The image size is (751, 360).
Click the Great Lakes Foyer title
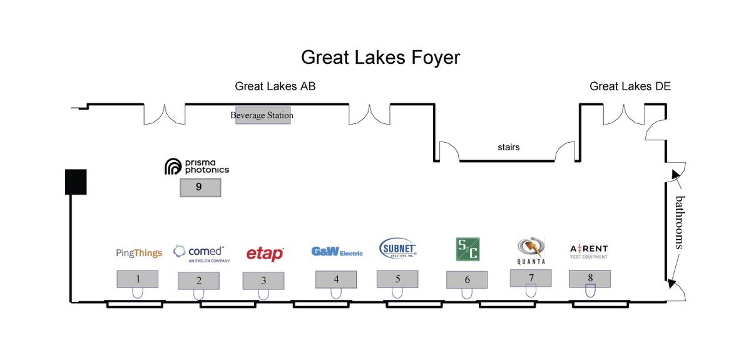click(381, 58)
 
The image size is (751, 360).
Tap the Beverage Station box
click(262, 115)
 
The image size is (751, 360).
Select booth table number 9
click(200, 187)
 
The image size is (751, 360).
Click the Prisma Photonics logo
click(197, 167)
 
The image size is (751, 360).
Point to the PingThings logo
click(139, 253)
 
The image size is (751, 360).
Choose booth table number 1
click(137, 279)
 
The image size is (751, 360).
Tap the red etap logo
click(265, 253)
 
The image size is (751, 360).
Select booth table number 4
click(336, 279)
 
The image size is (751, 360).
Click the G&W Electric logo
click(337, 252)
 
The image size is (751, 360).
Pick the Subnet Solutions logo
click(398, 249)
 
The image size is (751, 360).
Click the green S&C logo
click(467, 249)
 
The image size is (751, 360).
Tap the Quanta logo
click(531, 250)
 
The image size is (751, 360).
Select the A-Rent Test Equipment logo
click(589, 252)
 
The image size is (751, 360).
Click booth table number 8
click(590, 278)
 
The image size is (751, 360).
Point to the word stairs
click(508, 148)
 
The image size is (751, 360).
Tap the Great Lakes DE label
click(630, 86)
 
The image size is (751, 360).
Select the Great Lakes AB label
click(275, 86)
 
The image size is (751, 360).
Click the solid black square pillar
click(76, 181)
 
